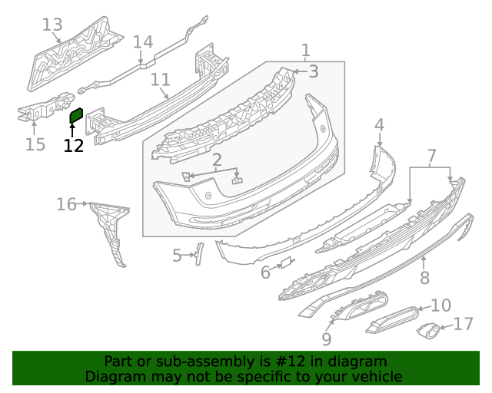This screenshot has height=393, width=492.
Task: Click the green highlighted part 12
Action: [x=76, y=115]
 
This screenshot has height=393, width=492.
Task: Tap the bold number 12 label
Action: [x=73, y=145]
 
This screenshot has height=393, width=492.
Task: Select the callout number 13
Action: [x=52, y=25]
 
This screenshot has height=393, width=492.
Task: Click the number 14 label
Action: [x=143, y=42]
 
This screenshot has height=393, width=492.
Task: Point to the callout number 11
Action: [x=160, y=79]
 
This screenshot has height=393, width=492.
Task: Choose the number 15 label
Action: [x=35, y=144]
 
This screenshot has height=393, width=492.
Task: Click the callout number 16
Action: [x=66, y=204]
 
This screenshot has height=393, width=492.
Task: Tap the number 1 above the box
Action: [x=305, y=51]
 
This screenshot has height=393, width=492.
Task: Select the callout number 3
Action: [x=313, y=71]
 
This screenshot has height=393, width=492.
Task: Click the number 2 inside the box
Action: [x=217, y=160]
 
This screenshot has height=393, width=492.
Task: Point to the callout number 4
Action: [x=379, y=124]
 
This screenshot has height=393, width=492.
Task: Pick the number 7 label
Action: [x=430, y=156]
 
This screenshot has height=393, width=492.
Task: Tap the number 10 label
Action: [x=440, y=305]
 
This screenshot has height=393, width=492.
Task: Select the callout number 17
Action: [x=463, y=325]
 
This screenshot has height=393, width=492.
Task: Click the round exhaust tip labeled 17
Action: [x=427, y=331]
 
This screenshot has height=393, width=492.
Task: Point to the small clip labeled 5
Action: [x=198, y=253]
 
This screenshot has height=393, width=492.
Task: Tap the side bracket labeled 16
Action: [x=108, y=230]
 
